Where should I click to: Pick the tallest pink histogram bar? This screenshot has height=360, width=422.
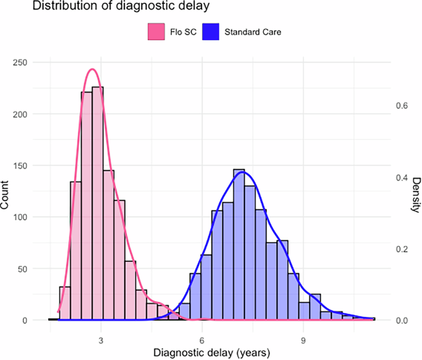[98, 203]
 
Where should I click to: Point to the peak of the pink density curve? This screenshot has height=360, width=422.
[92, 69]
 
